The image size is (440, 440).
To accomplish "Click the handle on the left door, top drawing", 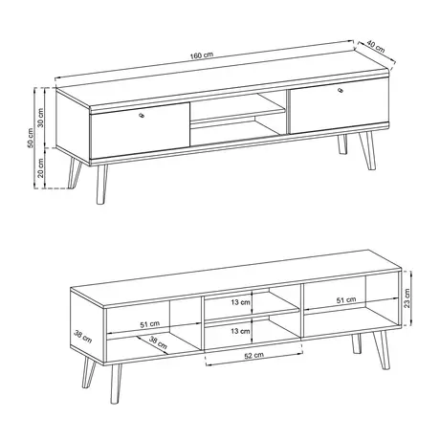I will point(141,116).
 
